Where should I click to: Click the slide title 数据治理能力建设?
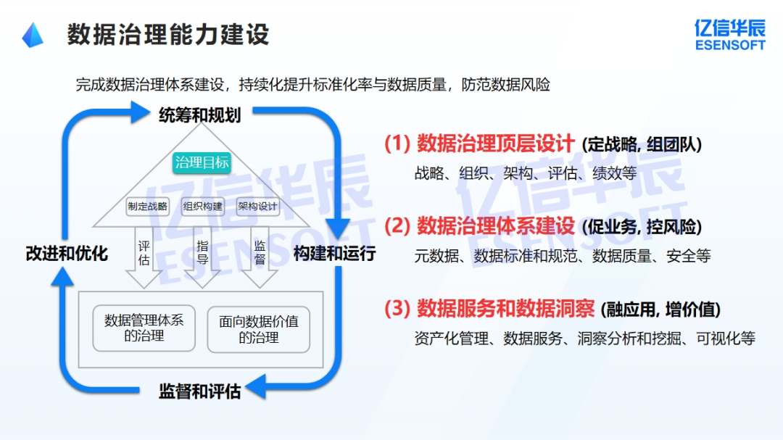tap(168, 34)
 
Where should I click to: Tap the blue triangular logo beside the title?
tap(33, 35)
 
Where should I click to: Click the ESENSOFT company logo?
tap(729, 35)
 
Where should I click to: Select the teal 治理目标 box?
tap(202, 162)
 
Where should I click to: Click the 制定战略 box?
tap(147, 206)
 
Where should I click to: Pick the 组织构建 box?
tap(203, 206)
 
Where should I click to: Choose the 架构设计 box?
tap(257, 206)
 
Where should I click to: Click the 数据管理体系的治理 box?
tap(144, 328)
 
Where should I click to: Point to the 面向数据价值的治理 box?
tap(259, 328)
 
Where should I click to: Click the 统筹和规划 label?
tap(199, 115)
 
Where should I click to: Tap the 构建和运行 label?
tap(334, 254)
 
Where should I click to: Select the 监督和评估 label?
tap(199, 392)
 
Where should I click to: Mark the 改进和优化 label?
tap(67, 254)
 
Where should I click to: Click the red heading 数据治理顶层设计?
tap(495, 144)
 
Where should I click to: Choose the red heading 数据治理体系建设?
tap(495, 227)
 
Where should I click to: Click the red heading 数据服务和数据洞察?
tap(505, 310)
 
